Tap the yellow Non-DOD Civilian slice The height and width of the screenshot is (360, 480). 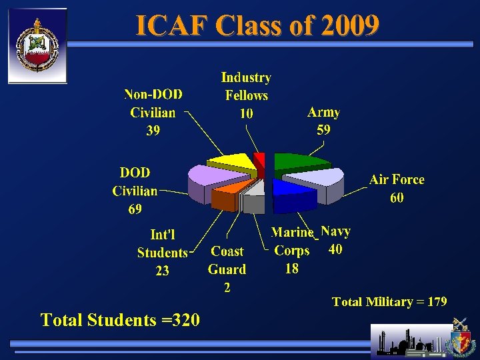coord(229,163)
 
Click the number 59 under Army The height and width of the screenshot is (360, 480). coord(323,130)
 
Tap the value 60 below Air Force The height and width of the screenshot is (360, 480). coord(397,198)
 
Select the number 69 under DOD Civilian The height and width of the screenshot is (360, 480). coord(135,209)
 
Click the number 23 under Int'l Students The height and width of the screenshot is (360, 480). coord(162,271)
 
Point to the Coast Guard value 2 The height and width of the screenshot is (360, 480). coord(227,288)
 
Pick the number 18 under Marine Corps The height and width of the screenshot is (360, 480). coord(291,269)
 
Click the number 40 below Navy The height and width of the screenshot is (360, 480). coord(336,249)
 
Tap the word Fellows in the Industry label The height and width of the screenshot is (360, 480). coord(246,95)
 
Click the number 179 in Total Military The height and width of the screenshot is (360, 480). coord(437,302)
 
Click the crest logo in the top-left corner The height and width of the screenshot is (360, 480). coord(37,45)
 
